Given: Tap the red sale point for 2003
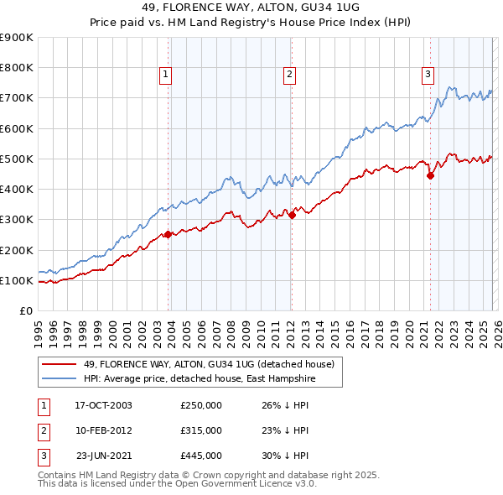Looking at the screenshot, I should click(168, 235).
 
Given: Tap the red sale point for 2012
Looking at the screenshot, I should click(292, 216).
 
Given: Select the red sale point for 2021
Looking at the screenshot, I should click(431, 176).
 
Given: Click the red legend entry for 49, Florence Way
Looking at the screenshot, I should click(209, 364).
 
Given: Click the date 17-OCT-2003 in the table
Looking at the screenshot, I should click(103, 405).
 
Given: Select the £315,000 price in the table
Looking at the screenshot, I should click(201, 430).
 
